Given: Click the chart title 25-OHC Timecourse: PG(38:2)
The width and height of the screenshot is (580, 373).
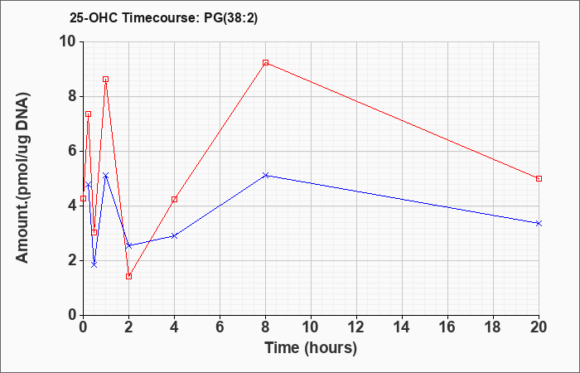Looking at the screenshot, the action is tap(163, 18).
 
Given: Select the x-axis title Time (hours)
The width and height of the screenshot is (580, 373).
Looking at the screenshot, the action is tap(311, 348).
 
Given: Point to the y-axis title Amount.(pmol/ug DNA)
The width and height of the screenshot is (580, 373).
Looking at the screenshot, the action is tap(22, 178).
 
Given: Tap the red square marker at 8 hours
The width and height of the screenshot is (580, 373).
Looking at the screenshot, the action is tap(265, 62).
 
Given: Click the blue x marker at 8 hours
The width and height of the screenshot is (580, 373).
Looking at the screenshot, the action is tap(265, 175).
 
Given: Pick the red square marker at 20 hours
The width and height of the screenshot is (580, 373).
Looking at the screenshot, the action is tap(539, 178).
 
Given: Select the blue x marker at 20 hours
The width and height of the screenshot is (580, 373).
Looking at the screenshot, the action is tap(539, 223).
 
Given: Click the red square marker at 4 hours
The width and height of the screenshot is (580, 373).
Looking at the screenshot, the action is tap(174, 199).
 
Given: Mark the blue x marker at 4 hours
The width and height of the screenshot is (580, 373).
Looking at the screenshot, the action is tap(174, 235).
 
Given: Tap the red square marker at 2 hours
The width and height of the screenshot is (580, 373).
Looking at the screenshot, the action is tap(128, 276).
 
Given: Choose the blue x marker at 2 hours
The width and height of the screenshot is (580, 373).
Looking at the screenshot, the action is tap(128, 245).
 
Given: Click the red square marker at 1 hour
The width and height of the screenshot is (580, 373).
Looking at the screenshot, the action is tap(106, 80).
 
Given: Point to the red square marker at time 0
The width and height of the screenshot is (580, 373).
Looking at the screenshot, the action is tap(83, 198).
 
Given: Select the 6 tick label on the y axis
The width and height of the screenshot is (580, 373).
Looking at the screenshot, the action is tap(72, 151).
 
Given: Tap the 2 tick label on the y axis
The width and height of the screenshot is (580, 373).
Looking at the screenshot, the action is tap(72, 260).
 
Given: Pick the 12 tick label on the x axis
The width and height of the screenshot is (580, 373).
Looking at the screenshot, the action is tap(356, 327).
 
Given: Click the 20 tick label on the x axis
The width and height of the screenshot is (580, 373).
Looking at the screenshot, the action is tap(539, 327).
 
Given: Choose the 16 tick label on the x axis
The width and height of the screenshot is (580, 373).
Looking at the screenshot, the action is tap(447, 327).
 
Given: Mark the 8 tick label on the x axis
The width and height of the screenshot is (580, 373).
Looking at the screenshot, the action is tap(265, 327).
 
